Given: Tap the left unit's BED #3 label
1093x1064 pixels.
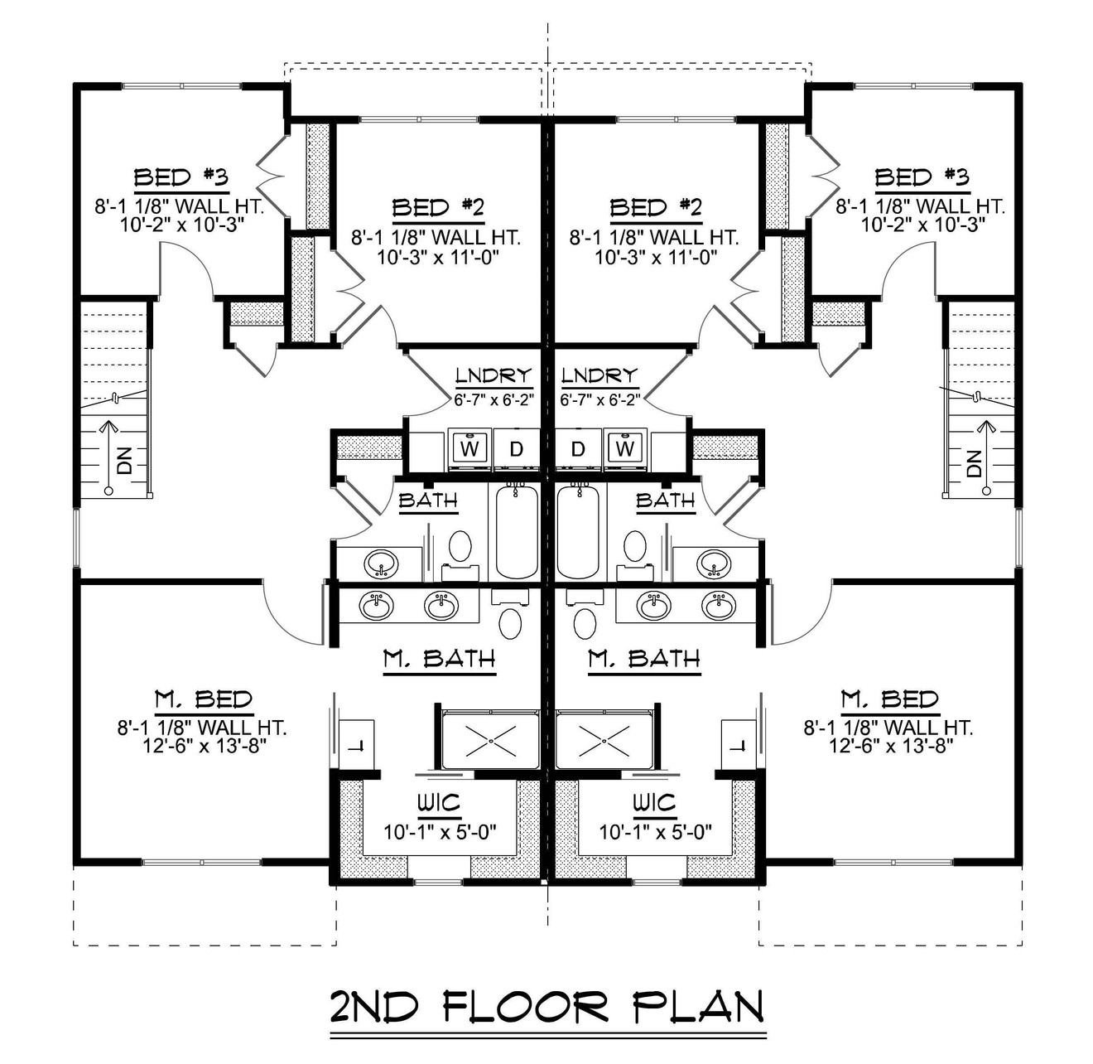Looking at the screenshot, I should pos(181,177).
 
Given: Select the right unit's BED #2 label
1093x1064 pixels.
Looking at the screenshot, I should pos(655,207).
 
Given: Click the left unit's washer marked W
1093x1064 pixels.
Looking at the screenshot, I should pos(469,449).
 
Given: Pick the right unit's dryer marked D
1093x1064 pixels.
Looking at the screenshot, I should pos(578,449).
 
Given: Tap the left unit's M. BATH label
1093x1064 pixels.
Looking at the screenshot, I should pos(440,659).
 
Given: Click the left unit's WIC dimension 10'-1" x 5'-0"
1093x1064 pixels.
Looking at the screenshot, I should pos(440,831).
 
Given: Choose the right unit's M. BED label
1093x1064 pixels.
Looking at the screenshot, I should pos(889,699).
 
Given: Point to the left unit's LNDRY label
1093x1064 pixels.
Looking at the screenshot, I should pos(493,376).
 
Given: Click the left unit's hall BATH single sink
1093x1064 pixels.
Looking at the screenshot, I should pos(381,563).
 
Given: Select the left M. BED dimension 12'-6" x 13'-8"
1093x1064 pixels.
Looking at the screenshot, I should pos(202,745).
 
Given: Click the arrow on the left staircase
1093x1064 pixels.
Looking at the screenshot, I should pos(108,456).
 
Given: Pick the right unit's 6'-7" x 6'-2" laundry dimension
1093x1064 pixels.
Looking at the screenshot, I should pos(600,399).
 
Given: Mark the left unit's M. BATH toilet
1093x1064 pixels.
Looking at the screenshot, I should pos(511,622).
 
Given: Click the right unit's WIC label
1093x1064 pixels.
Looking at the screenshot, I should pos(654,803).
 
